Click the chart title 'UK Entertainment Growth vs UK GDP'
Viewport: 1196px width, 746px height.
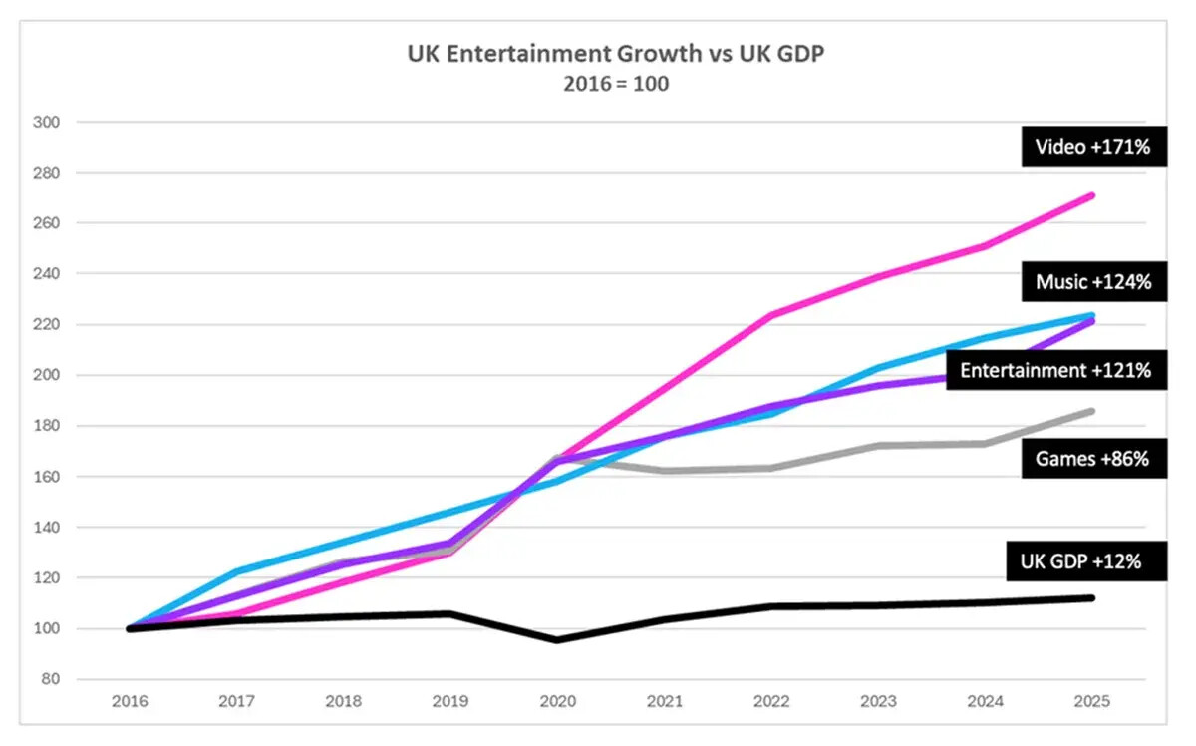tap(616, 54)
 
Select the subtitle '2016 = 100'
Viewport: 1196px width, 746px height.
tap(616, 84)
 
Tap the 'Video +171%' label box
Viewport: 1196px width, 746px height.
tap(1094, 147)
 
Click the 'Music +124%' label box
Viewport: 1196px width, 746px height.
tap(1094, 281)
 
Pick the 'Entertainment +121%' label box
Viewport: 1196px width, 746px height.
tap(1056, 370)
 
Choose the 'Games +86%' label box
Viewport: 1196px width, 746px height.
tap(1094, 458)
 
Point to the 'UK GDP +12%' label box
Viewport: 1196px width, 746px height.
tap(1086, 561)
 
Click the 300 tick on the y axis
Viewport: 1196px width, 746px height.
tap(47, 122)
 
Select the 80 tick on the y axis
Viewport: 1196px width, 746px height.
tap(51, 679)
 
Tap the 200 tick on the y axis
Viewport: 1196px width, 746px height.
tap(47, 375)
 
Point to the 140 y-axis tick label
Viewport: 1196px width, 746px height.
tap(47, 527)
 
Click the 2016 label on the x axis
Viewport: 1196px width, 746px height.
tap(130, 701)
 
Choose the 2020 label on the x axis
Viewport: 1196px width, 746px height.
tap(557, 701)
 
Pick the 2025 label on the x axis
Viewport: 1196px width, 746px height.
tap(1092, 701)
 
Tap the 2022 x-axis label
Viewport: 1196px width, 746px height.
tap(771, 701)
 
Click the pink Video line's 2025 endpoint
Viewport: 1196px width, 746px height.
tap(1092, 196)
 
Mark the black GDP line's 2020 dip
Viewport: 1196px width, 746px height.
tap(557, 639)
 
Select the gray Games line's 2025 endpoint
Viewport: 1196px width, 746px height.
tap(1092, 411)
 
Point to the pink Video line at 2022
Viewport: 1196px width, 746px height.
tap(771, 315)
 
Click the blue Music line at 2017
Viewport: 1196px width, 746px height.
tap(237, 571)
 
